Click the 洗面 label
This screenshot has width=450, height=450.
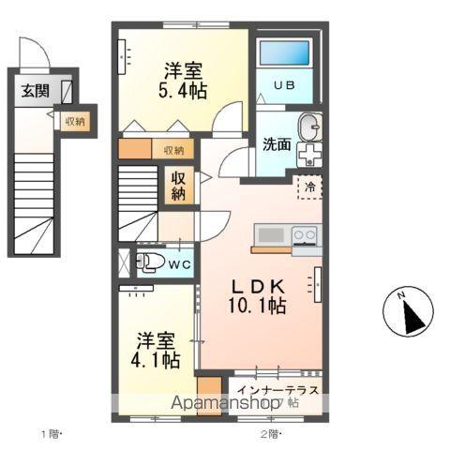[x=275, y=145]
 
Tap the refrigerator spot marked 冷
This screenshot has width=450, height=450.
[x=308, y=187]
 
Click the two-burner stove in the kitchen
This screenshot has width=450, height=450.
[x=305, y=234]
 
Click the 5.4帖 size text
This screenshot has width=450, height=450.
[x=184, y=89]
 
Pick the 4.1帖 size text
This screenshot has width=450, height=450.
[x=155, y=357]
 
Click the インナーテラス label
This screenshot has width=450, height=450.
[x=278, y=389]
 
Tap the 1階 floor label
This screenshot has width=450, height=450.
[x=51, y=433]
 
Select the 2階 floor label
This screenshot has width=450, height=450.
[x=270, y=433]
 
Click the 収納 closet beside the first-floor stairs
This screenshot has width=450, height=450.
[x=74, y=121]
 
